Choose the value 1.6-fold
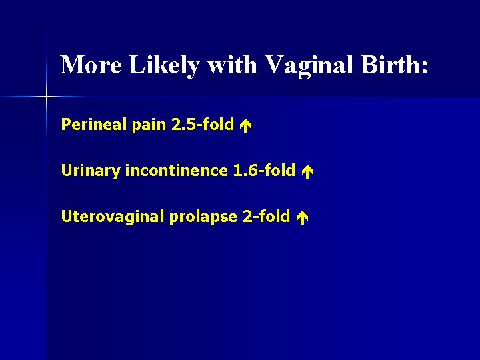coord(264,171)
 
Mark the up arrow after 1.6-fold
coord(306,171)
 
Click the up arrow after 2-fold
coord(301,217)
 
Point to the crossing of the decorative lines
coord(47,97)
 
